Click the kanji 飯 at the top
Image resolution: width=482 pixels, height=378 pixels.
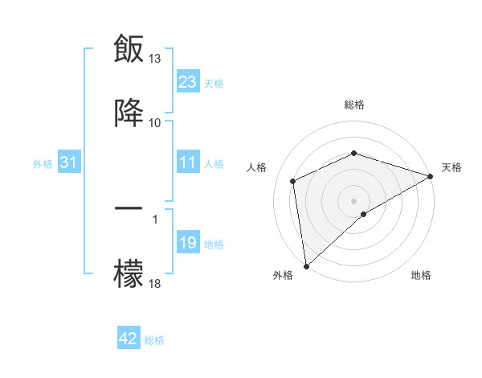pos(129,48)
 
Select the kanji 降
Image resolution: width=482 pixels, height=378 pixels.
pos(129,113)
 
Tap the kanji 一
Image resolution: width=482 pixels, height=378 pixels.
pos(129,208)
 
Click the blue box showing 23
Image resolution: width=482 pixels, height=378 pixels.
pos(188,82)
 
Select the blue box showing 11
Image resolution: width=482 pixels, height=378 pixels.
pos(188,163)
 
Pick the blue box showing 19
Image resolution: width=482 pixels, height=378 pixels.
pos(188,244)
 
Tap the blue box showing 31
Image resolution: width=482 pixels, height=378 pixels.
pos(68,163)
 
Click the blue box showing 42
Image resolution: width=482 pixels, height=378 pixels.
pos(129,339)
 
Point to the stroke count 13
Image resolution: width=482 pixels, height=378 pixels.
pos(155,59)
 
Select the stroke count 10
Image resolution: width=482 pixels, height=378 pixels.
pos(155,123)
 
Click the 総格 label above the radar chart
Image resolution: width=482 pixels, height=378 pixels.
pos(354,105)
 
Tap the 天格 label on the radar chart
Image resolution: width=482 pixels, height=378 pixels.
pos(451,167)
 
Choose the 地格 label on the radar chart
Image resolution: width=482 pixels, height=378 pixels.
pos(421,276)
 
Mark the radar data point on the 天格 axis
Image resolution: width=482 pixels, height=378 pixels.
pos(431,176)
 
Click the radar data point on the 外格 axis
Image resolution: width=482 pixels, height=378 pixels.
pos(305,266)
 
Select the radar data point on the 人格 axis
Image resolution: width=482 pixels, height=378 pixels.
pos(293,181)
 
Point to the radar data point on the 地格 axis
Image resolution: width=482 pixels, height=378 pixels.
pos(364,214)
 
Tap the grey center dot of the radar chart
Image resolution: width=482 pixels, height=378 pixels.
pos(353,200)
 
